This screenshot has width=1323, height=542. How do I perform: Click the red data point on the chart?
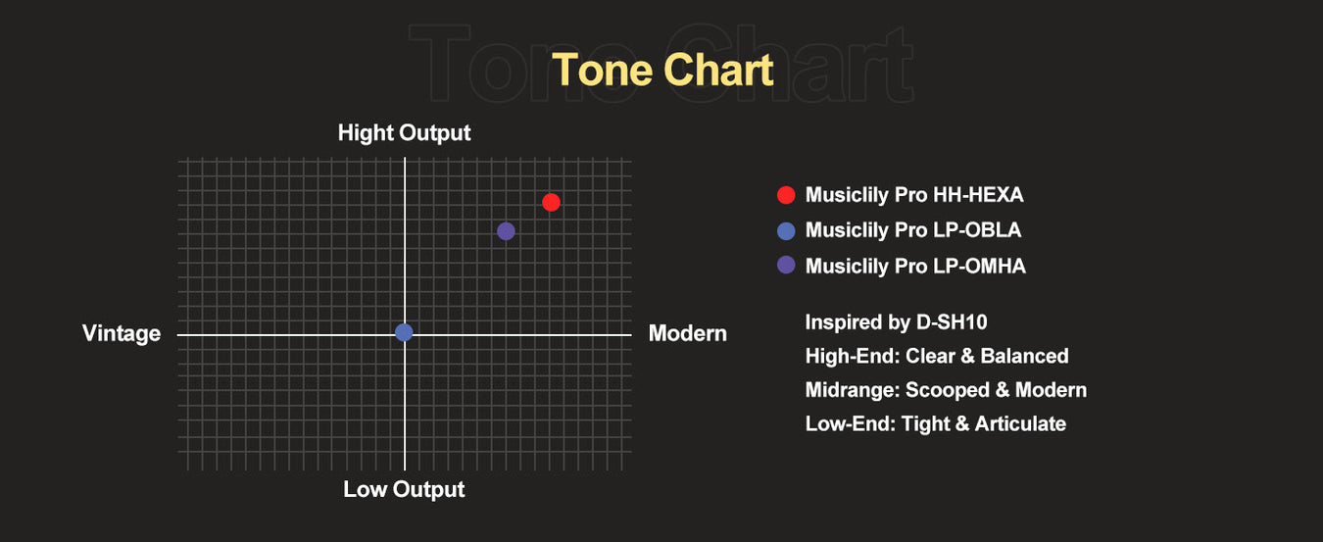click(551, 203)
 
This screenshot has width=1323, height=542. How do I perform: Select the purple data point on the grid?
click(506, 231)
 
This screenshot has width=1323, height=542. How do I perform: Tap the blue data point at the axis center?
click(404, 332)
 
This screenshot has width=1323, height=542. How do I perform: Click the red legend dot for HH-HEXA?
click(786, 195)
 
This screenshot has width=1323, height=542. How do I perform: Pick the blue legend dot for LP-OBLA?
click(786, 231)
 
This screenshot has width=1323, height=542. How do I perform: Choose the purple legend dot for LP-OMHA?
click(786, 265)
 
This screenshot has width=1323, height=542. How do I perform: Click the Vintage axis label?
click(122, 334)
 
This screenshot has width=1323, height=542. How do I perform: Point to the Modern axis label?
click(688, 333)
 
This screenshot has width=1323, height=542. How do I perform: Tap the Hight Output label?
click(405, 133)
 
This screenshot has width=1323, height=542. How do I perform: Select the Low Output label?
click(405, 490)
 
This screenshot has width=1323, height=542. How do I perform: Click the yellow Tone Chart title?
click(662, 71)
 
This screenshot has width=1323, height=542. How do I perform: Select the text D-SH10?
click(952, 322)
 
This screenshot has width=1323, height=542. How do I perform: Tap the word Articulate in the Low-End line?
click(1020, 424)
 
